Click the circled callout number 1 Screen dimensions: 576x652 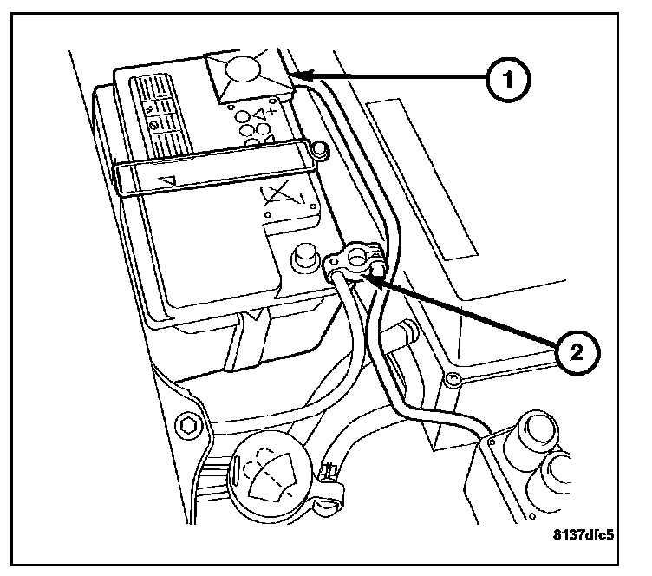point(507,81)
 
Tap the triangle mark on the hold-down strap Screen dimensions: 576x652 point(172,180)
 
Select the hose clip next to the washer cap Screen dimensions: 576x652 point(329,476)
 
